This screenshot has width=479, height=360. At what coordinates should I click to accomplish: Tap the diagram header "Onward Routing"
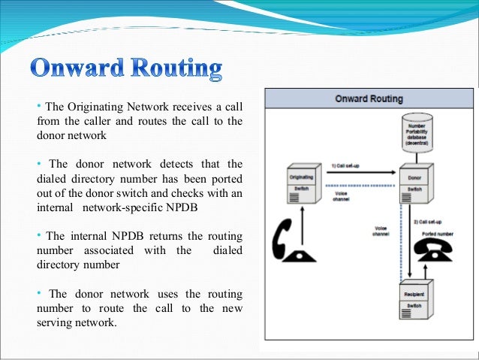click(369, 98)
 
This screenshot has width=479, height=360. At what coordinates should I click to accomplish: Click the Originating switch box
click(300, 183)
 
